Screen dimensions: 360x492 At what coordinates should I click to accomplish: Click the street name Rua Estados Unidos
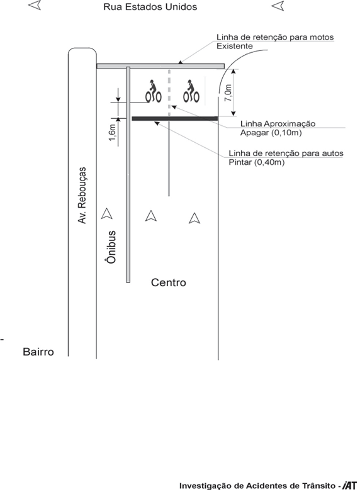[x=150, y=7]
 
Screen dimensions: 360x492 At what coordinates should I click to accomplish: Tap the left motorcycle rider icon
[x=154, y=91]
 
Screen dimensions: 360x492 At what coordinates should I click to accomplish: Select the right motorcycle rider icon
[x=191, y=91]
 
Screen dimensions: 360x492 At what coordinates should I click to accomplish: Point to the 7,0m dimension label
[x=228, y=93]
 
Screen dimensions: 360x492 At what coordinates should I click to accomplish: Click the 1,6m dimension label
[x=113, y=132]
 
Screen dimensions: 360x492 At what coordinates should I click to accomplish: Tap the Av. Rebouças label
[x=82, y=196]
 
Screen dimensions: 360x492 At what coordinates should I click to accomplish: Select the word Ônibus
[x=111, y=247]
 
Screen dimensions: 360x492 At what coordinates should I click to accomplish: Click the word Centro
[x=169, y=282]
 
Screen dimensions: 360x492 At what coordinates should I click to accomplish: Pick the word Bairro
[x=38, y=352]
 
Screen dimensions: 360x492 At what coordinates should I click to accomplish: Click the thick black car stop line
[x=175, y=119]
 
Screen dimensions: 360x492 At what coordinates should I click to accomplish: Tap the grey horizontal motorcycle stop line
[x=160, y=66]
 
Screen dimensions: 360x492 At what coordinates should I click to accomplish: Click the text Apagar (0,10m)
[x=271, y=133]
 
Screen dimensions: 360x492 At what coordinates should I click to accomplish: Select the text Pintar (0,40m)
[x=256, y=162]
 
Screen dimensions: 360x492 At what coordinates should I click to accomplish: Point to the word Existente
[x=235, y=46]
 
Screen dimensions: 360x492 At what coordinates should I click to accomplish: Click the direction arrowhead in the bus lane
[x=107, y=214]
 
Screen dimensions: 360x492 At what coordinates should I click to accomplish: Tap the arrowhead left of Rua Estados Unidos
[x=35, y=5]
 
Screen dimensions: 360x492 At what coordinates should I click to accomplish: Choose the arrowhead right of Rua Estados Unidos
[x=278, y=5]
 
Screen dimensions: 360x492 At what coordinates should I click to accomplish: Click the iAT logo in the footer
[x=351, y=486]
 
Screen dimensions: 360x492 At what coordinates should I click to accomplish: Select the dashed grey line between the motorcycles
[x=169, y=92]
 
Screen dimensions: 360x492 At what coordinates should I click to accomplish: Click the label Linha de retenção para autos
[x=286, y=154]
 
